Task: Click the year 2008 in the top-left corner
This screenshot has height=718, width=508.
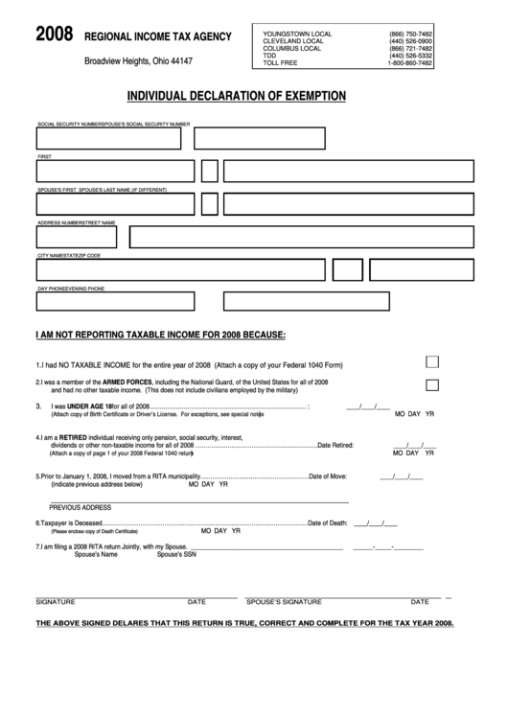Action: [53, 36]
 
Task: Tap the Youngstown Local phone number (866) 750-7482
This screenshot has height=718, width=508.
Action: [411, 34]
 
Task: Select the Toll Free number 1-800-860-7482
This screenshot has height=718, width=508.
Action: [409, 63]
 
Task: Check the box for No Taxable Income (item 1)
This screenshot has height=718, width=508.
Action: [431, 361]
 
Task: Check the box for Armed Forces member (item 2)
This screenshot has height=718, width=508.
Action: [431, 384]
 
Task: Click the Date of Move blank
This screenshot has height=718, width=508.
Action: [400, 476]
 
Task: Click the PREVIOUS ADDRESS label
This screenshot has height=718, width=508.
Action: [81, 507]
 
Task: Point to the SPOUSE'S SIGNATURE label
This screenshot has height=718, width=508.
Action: [283, 602]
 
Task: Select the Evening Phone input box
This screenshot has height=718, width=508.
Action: [307, 301]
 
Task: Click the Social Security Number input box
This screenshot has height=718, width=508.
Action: [108, 139]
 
